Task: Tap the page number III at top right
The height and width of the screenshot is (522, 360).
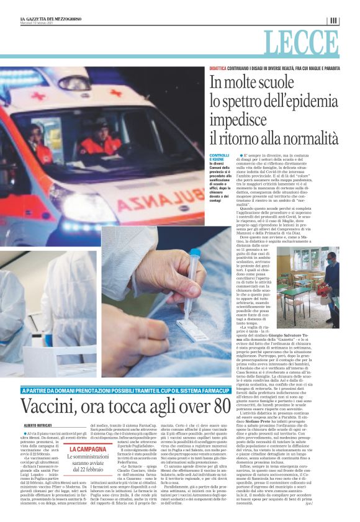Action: point(333,20)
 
